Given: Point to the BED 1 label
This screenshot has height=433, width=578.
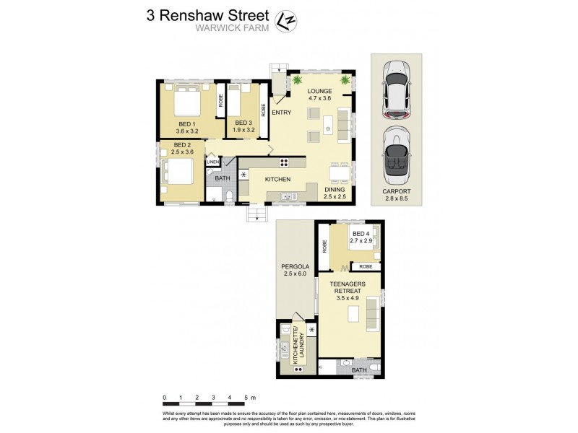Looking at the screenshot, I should coord(188,123).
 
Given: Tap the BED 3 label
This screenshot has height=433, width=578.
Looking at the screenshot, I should coord(243,123).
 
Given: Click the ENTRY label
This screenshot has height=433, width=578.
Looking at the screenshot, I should coord(281,112).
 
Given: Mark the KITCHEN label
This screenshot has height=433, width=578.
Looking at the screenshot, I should coord(277,179).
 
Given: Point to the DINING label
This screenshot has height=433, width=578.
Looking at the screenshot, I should coord(335,190).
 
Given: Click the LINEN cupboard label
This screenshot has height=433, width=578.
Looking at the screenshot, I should coord(212,162).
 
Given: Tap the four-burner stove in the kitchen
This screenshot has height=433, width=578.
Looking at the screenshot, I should coord(284,163).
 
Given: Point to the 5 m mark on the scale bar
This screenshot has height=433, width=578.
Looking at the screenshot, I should coord(245,398).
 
